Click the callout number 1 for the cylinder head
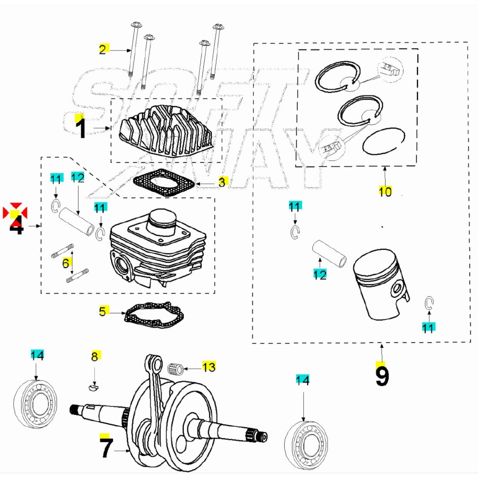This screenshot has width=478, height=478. click(x=81, y=128)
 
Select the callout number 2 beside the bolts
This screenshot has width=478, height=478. click(x=102, y=50)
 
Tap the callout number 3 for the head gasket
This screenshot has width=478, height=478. click(x=222, y=183)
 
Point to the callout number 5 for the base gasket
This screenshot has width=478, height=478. click(x=102, y=312)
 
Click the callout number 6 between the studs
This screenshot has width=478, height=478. click(x=66, y=263)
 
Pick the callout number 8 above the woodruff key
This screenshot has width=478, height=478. click(x=95, y=357)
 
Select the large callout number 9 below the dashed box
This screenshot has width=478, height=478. click(x=382, y=376)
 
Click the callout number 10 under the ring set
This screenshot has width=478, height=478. click(x=385, y=191)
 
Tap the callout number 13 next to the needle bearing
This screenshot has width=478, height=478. click(x=209, y=367)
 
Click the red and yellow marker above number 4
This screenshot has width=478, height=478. click(x=15, y=212)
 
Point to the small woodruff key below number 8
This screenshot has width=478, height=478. click(x=93, y=387)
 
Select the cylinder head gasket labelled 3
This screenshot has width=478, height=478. click(x=163, y=183)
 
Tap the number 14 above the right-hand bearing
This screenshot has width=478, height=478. click(x=302, y=380)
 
